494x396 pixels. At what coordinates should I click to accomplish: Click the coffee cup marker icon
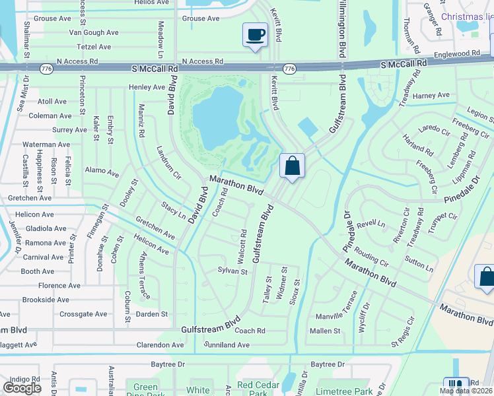click(x=255, y=35)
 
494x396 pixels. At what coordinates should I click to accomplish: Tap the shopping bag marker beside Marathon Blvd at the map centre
click(x=292, y=166)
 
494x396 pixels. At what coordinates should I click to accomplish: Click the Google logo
click(x=22, y=388)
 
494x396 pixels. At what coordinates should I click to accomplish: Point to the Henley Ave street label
click(x=147, y=87)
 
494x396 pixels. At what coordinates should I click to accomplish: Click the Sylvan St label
click(x=232, y=271)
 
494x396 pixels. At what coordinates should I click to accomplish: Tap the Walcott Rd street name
click(x=243, y=246)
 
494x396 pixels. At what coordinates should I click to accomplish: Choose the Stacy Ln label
click(x=173, y=211)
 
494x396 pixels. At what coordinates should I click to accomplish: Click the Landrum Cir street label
click(x=168, y=162)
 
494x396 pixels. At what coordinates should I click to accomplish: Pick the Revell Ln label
click(x=371, y=224)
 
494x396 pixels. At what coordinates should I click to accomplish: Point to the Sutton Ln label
click(x=419, y=264)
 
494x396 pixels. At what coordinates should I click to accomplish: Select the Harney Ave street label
click(x=431, y=96)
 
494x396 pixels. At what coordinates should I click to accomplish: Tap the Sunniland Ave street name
click(x=227, y=345)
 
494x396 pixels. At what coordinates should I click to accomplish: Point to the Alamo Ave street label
click(x=102, y=172)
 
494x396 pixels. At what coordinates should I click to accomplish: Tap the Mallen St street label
click(x=325, y=331)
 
